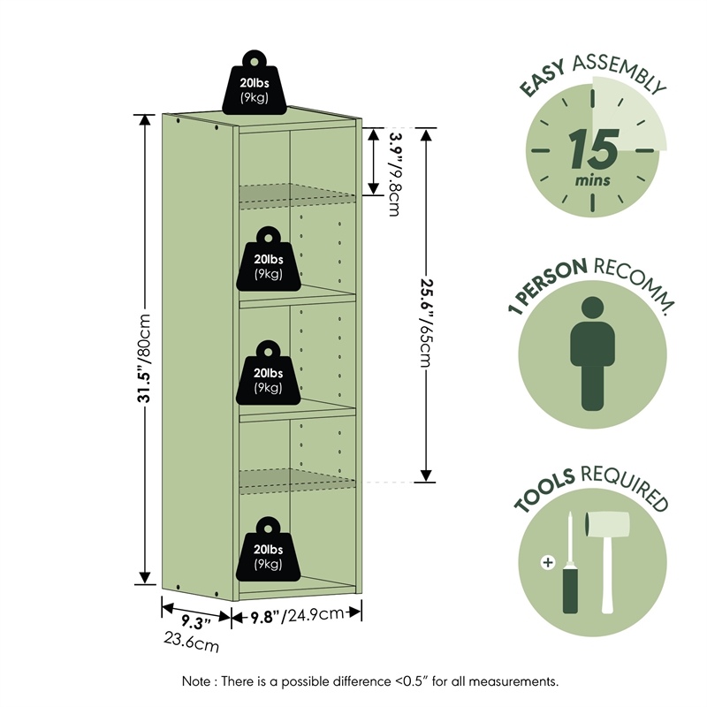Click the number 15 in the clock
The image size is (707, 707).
tap(592, 150)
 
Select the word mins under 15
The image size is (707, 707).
tap(592, 180)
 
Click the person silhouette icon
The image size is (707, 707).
tap(592, 353)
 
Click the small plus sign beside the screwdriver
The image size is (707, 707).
tap(548, 562)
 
